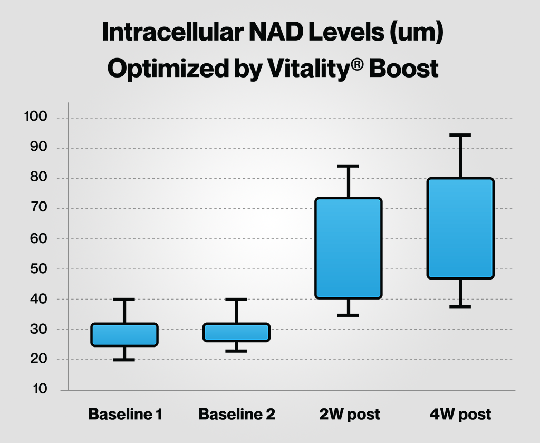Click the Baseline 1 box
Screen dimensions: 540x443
pos(124,334)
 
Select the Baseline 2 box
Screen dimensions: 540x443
pos(236,332)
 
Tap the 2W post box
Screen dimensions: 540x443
pos(349,248)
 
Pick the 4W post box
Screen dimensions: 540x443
pos(460,228)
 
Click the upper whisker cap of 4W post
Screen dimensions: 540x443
pos(460,135)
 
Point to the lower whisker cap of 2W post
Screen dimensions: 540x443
pos(348,315)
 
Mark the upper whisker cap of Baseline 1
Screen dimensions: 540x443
pos(124,300)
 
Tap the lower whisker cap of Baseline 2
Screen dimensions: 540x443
pos(236,351)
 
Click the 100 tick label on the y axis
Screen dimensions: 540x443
pos(35,117)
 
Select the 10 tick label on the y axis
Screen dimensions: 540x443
pos(40,389)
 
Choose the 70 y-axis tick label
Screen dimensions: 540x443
pos(38,207)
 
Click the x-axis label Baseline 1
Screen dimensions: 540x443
pos(125,414)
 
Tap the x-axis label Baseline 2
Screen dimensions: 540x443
pos(237,414)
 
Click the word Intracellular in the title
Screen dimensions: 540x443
pos(173,32)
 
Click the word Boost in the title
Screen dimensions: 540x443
pos(403,68)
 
